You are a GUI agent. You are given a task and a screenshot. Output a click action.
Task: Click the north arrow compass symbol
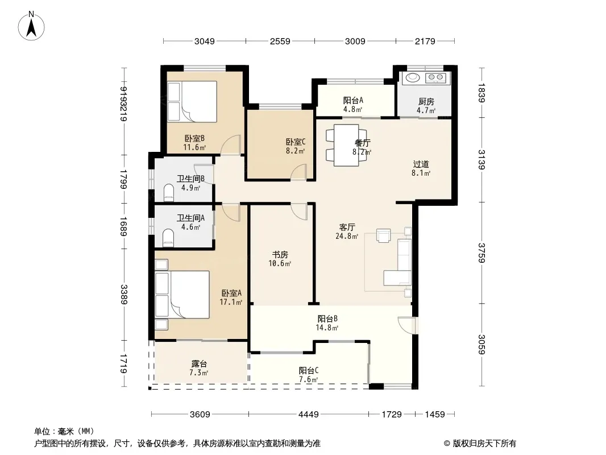31,26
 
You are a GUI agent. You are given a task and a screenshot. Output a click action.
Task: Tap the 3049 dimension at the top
205,41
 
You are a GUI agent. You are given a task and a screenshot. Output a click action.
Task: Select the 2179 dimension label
425,41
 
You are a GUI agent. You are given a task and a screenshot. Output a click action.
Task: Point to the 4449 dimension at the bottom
309,415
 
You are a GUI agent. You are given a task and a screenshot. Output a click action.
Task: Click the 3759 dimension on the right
481,253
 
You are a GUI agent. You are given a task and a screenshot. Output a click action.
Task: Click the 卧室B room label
194,138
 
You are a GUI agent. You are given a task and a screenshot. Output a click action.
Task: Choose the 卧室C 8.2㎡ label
296,147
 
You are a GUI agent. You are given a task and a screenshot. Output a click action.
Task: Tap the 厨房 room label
426,102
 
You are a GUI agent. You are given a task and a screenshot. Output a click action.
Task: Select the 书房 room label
280,254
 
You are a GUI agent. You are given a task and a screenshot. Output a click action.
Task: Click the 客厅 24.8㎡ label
347,231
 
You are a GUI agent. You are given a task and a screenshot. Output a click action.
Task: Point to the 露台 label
199,364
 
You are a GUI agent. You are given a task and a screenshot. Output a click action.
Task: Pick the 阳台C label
309,370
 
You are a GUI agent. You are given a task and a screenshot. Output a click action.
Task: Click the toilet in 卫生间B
168,192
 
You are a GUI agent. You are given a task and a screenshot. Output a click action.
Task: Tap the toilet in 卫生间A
168,238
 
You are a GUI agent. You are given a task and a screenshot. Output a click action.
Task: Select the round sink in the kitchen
412,77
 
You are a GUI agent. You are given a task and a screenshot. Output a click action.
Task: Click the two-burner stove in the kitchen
435,78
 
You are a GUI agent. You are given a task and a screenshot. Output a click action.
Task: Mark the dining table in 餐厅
346,145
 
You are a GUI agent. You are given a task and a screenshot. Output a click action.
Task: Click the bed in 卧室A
182,295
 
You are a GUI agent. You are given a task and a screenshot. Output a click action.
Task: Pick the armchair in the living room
383,235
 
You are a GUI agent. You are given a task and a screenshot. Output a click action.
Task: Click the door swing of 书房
299,211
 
